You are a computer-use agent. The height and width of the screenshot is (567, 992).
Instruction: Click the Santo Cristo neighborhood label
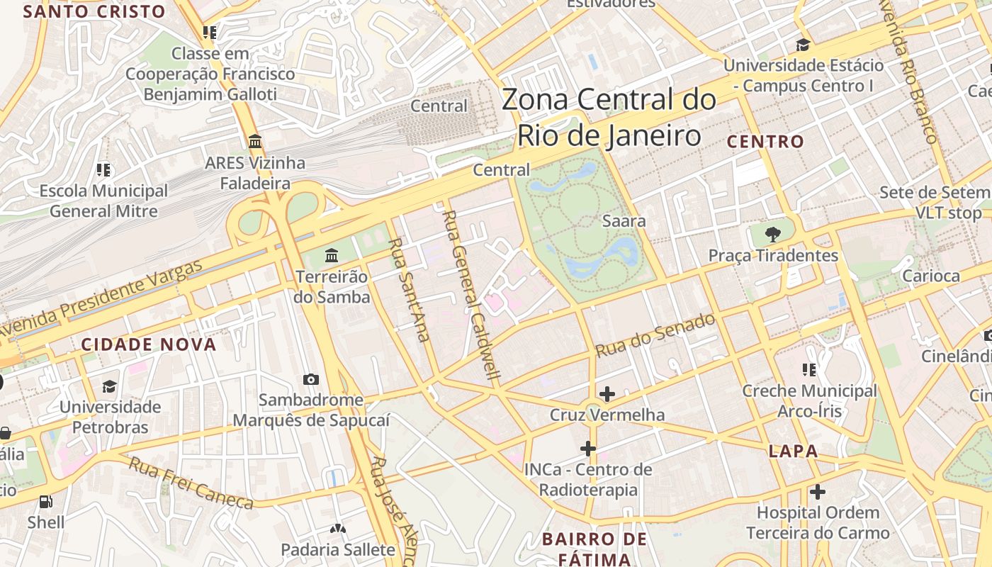click(x=94, y=12)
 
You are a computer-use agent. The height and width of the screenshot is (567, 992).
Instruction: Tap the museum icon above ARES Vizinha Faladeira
click(x=255, y=141)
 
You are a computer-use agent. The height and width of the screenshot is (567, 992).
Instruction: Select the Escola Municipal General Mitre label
click(x=103, y=201)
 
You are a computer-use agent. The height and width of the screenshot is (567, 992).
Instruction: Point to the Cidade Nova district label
click(x=148, y=345)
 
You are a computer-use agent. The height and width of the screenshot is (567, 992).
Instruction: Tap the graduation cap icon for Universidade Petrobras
click(x=109, y=386)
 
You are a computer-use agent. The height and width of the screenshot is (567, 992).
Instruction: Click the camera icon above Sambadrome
click(x=310, y=380)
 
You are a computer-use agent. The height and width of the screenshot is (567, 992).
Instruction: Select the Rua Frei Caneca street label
click(x=191, y=483)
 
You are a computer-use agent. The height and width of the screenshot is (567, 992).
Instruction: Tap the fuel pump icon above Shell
click(x=45, y=502)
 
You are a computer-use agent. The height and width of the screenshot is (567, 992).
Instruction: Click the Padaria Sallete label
click(x=338, y=549)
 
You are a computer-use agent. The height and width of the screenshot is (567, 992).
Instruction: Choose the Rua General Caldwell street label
click(x=473, y=295)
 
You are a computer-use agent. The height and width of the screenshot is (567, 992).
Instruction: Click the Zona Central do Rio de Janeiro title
click(x=609, y=117)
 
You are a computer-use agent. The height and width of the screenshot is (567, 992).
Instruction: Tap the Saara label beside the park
click(x=624, y=221)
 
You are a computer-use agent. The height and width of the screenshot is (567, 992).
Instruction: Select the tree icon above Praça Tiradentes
click(x=773, y=234)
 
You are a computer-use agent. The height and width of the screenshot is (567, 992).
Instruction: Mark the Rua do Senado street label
click(x=655, y=335)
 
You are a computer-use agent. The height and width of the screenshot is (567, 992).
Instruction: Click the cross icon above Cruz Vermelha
click(x=607, y=393)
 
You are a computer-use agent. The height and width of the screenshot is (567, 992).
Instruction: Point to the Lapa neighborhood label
click(x=793, y=451)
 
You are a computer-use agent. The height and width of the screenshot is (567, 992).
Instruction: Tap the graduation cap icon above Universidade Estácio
click(x=803, y=45)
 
